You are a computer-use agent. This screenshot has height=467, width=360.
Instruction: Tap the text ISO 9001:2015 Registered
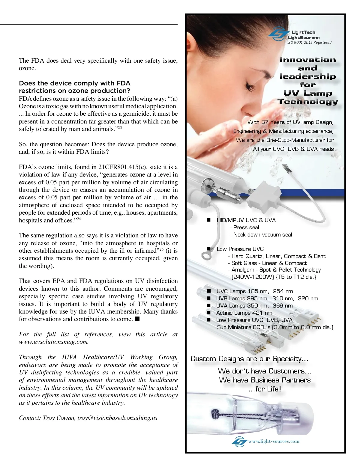(x=309, y=43)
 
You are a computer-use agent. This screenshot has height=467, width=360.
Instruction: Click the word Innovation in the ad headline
(x=307, y=60)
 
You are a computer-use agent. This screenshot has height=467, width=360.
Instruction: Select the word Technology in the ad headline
(x=307, y=102)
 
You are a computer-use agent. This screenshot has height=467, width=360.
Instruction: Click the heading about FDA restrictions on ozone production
(x=75, y=87)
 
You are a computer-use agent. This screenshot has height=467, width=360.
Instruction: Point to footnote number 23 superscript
(x=119, y=128)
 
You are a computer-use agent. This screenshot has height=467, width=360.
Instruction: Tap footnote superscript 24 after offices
(x=79, y=219)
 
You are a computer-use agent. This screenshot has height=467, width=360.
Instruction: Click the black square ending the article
(x=137, y=319)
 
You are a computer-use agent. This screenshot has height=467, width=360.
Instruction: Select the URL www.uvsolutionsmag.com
(x=53, y=342)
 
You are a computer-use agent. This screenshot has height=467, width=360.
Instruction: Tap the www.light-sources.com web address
(x=274, y=441)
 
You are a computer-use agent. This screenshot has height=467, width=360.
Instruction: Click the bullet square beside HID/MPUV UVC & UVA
(x=209, y=220)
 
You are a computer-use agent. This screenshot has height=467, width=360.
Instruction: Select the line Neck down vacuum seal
(x=261, y=235)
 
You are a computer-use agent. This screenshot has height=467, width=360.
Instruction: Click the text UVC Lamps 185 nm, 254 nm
(x=254, y=291)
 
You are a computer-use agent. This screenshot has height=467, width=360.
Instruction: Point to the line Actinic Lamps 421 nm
(x=244, y=313)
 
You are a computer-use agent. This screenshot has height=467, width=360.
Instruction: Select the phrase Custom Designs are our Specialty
(x=249, y=359)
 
